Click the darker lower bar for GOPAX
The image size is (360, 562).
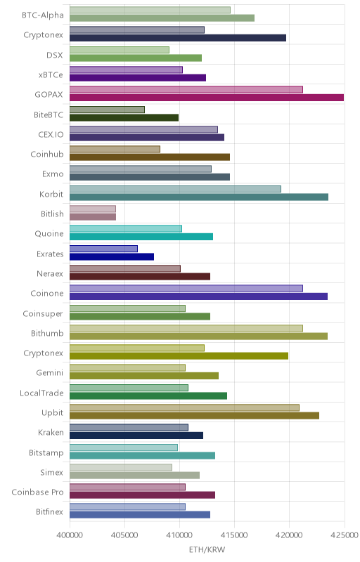[x=207, y=98]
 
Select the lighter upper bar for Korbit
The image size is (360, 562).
[x=175, y=189]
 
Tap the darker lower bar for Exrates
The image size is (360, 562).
[x=112, y=256]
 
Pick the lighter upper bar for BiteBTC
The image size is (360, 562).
[x=107, y=110]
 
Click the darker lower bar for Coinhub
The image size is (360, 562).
[x=150, y=157]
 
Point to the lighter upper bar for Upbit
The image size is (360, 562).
[x=184, y=407]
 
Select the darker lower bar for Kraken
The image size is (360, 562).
[x=136, y=436]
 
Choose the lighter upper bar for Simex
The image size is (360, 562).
[x=121, y=467]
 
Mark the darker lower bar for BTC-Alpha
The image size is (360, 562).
[x=162, y=18]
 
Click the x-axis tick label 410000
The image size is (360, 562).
[x=179, y=535]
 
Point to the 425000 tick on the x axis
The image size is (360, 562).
[x=345, y=535]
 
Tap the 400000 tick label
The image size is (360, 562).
[x=70, y=535]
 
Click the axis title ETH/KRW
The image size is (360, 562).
[x=207, y=549]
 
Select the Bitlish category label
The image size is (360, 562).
[x=52, y=214]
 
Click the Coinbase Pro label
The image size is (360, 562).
[x=38, y=492]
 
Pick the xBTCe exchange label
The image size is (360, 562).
[x=51, y=75]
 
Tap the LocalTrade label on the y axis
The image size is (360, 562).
[x=41, y=393]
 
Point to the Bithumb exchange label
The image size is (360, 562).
[x=47, y=333]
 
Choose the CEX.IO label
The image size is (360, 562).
[x=51, y=135]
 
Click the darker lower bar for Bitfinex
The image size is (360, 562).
[x=140, y=515]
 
